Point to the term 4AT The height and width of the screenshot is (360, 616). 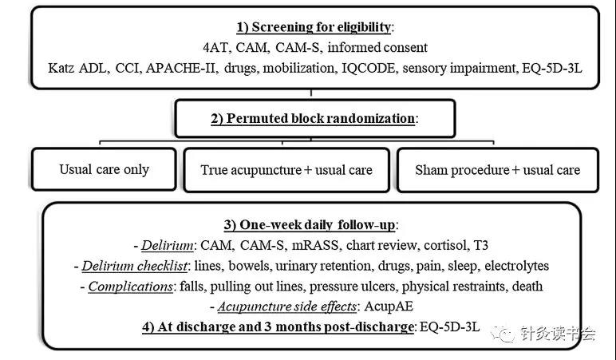[x=215, y=48]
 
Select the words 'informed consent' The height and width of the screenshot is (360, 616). [x=377, y=48]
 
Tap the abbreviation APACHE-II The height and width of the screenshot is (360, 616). [x=180, y=68]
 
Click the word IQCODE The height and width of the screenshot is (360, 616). [x=369, y=68]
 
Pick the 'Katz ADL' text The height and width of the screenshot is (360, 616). [x=77, y=68]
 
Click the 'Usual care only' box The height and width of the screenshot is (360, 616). [x=104, y=169]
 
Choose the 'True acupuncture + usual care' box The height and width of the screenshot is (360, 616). [x=286, y=170]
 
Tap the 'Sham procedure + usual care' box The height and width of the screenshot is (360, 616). [x=498, y=170]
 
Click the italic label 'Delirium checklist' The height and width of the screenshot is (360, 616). [x=134, y=266]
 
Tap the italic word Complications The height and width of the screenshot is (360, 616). [x=130, y=287]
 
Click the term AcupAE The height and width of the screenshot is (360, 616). [x=389, y=307]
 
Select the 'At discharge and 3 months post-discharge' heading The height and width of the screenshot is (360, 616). [x=278, y=327]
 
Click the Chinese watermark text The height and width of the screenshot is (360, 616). [x=559, y=334]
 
